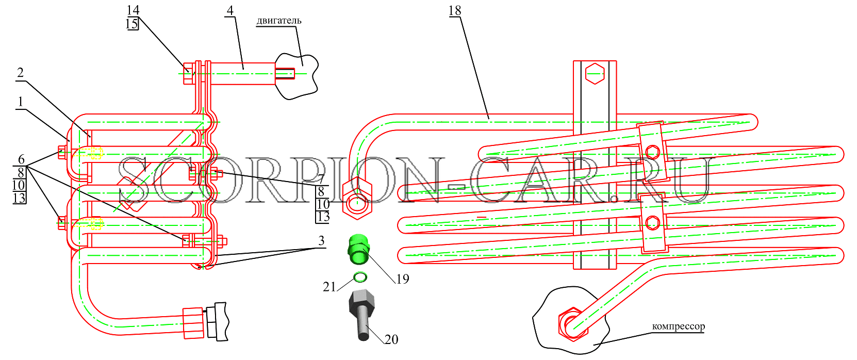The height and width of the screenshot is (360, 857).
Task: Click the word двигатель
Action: [279, 20]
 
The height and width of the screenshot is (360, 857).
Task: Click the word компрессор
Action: [679, 326]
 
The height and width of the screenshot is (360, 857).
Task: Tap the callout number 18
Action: [455, 11]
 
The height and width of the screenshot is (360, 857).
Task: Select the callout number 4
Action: [230, 10]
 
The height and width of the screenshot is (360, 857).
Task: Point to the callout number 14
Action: [133, 10]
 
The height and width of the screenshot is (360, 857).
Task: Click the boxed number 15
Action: [133, 24]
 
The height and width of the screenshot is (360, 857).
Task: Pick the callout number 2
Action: [20, 72]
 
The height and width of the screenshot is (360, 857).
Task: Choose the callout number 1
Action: [20, 102]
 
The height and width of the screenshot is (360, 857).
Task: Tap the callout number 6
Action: [21, 159]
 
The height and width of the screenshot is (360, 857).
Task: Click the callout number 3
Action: [321, 241]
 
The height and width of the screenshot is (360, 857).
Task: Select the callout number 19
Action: [403, 279]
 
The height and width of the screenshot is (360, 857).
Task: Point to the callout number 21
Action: [329, 287]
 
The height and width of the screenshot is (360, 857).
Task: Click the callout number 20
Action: [391, 339]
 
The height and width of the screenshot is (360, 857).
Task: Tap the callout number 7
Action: [321, 179]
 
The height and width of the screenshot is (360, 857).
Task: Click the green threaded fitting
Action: [358, 250]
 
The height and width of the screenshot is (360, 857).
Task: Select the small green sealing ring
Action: [360, 277]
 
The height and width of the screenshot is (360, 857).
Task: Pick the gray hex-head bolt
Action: [361, 314]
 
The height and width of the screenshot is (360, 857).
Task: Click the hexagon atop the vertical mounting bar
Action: [595, 73]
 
